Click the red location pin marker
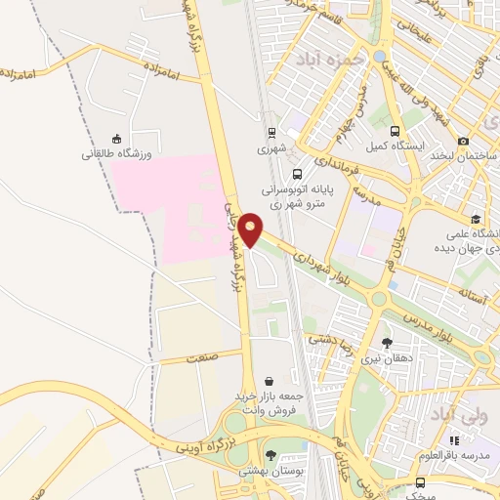pos(251,229)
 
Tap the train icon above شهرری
pos(272,133)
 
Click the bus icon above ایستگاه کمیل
pos(395,131)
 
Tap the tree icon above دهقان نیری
pos(388,342)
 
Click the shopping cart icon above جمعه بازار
pos(269,381)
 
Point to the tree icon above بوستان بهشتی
pos(271,454)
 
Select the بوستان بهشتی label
pos(271,471)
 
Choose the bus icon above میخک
pos(420,482)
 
